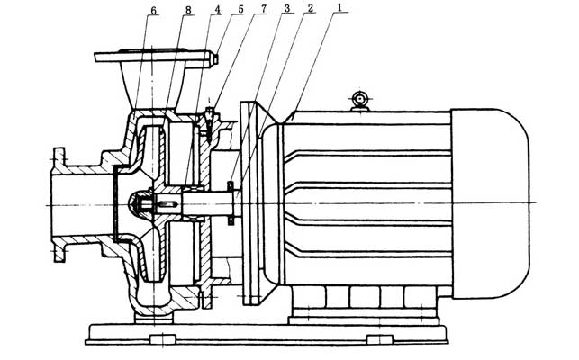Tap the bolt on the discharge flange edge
pos(213,59)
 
